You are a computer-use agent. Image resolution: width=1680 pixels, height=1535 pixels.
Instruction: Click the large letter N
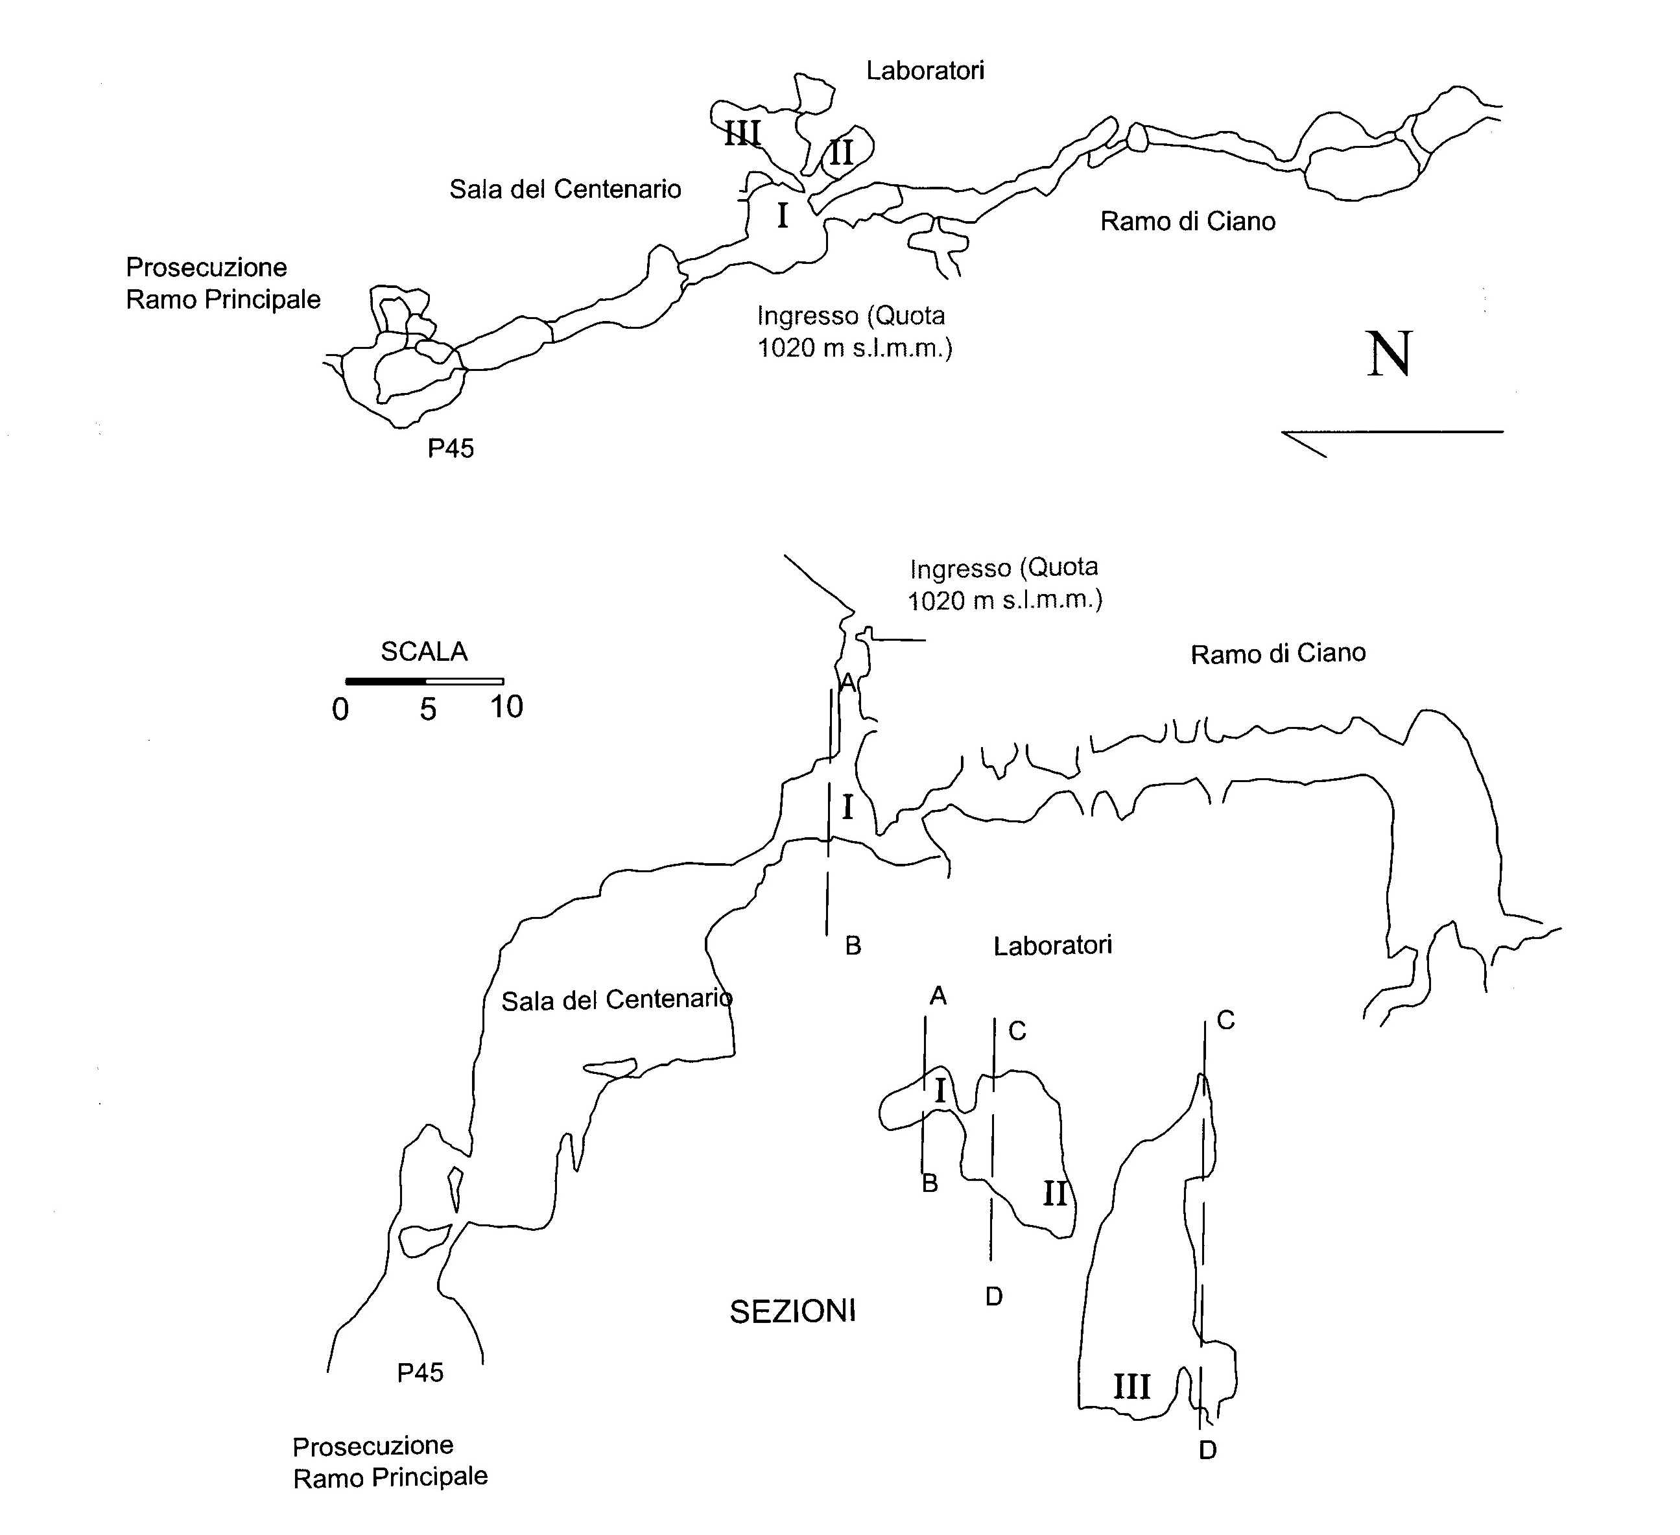point(1389,354)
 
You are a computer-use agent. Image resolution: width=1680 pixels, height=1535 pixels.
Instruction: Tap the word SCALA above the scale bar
point(424,652)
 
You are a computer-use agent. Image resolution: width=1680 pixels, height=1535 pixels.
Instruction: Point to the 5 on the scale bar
point(427,710)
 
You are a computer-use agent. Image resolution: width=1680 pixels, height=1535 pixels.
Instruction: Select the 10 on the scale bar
point(506,708)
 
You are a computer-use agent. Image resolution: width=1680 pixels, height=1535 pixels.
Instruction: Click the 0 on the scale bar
point(340,710)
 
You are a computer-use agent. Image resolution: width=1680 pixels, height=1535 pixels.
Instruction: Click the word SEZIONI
point(792,1313)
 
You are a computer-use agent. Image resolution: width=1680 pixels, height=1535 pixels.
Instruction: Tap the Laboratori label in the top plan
point(925,71)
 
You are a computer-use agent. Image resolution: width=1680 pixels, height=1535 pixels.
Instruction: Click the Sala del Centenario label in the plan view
point(565,190)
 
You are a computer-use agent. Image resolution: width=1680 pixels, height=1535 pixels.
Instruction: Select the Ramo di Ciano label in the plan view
point(1187,222)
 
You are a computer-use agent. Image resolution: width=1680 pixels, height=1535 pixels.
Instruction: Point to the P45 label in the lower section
point(420,1372)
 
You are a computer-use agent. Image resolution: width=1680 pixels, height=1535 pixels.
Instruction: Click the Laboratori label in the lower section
point(1052,946)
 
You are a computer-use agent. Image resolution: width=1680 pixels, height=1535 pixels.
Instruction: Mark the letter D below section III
point(1207,1451)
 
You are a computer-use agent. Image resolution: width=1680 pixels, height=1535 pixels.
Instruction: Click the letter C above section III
point(1225,1020)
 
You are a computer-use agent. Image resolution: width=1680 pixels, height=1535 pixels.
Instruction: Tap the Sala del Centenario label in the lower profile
point(616,1000)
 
